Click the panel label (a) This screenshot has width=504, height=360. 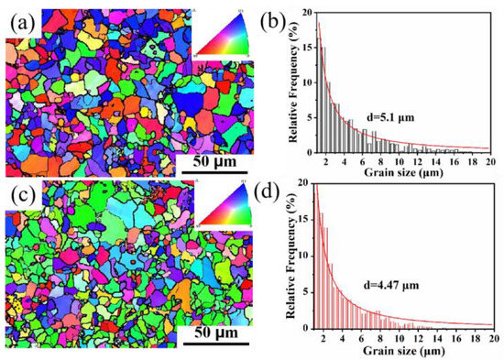[x=20, y=15]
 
